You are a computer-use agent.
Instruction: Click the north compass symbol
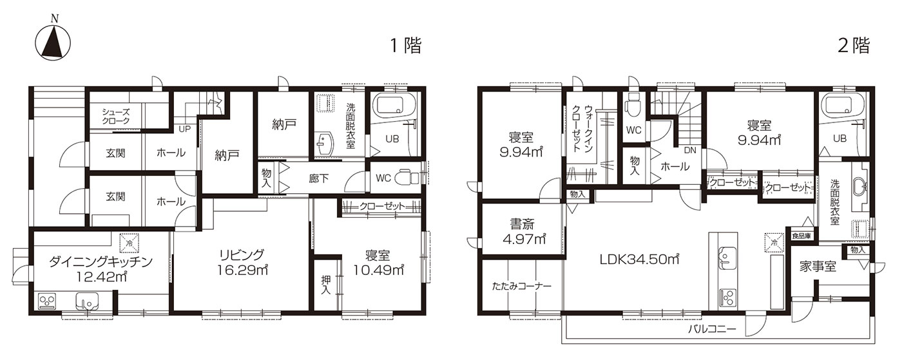[x=53, y=41]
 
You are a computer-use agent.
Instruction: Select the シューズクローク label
[x=115, y=117]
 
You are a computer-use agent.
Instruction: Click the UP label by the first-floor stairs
[x=184, y=129]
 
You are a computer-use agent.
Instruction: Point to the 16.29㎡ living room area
[x=242, y=270]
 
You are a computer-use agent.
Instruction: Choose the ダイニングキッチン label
[x=101, y=261]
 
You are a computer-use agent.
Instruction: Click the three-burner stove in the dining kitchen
[x=47, y=301]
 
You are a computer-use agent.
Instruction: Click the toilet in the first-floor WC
[x=407, y=178]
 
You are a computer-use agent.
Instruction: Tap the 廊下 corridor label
[x=318, y=178]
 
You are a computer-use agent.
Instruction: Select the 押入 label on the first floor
[x=326, y=284]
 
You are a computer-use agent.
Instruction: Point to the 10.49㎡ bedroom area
[x=379, y=270]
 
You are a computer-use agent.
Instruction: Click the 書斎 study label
[x=522, y=224]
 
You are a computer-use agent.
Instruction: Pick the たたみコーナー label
[x=521, y=287]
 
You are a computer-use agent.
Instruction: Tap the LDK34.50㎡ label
[x=639, y=260]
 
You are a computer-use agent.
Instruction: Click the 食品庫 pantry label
[x=801, y=236]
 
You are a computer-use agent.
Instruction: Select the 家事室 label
[x=818, y=266]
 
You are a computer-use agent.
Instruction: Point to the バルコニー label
[x=711, y=329]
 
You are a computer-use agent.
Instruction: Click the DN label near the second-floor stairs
[x=690, y=151]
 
